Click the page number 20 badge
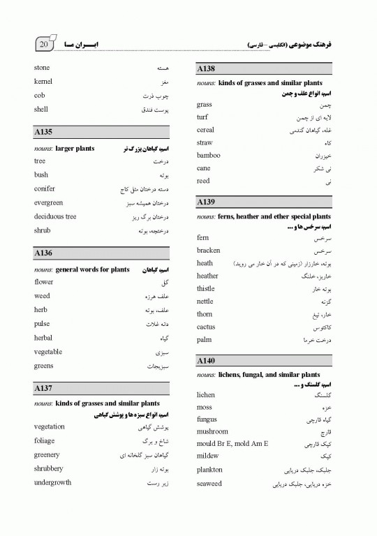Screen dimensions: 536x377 click(43, 44)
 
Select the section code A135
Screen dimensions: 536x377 click(43, 132)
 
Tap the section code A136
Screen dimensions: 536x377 click(43, 253)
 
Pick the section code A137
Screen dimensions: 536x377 click(43, 387)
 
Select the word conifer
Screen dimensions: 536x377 click(44, 188)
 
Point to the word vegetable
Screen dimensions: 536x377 click(47, 352)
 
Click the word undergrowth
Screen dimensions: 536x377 click(52, 482)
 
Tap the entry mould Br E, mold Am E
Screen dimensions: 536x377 click(232, 444)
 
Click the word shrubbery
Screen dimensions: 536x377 click(48, 468)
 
